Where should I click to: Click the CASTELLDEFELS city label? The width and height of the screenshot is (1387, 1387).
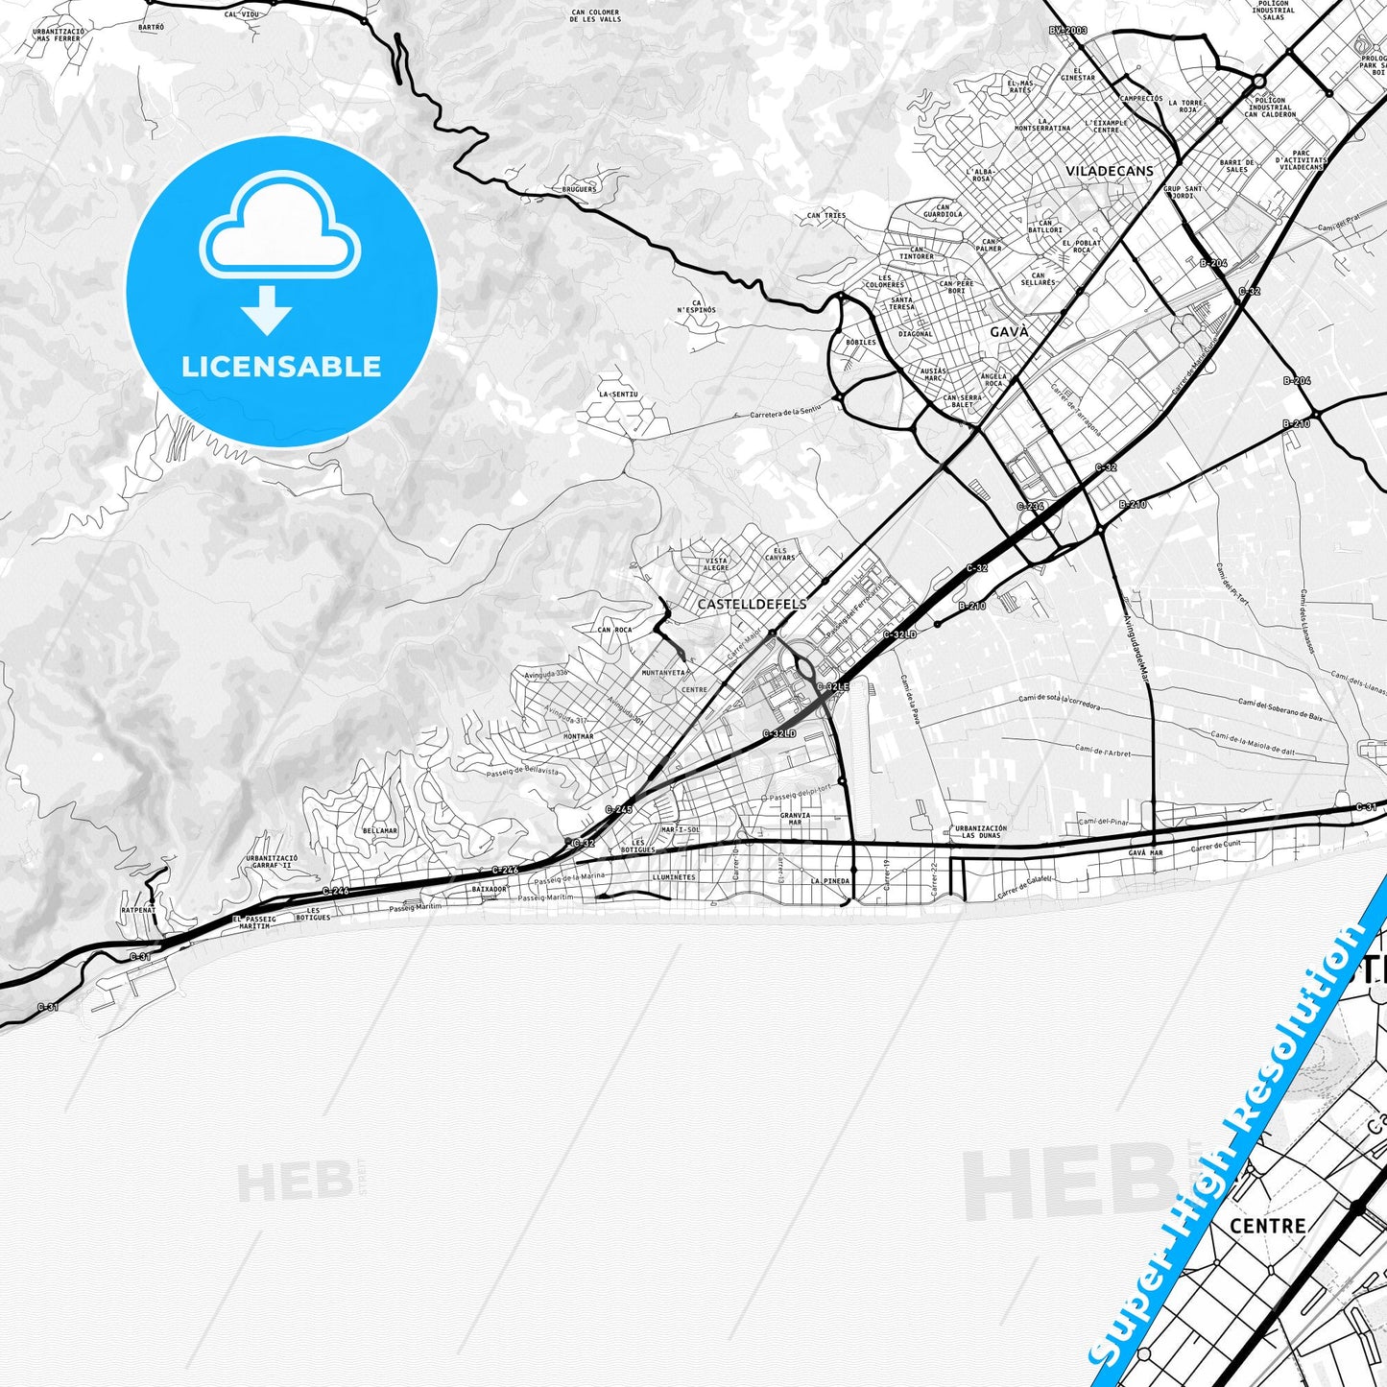point(752,605)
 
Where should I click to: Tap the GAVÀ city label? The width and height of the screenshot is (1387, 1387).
point(1009,331)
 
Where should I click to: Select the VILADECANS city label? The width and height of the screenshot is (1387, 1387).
point(1110,171)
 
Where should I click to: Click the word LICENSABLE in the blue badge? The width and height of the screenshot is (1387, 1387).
point(281,367)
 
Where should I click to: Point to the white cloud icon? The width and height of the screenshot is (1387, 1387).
point(279,226)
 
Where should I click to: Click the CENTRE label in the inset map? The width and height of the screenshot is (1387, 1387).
point(1267,1227)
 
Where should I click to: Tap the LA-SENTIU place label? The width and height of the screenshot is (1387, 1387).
point(618,395)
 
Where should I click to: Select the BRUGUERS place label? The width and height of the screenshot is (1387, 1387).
point(579,189)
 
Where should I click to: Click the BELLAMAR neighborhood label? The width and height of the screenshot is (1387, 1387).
point(380,831)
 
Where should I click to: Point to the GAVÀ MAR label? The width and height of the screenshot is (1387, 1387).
point(1145,852)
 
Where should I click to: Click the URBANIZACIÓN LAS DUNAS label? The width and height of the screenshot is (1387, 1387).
point(981,831)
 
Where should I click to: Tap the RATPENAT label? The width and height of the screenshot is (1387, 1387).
point(137,910)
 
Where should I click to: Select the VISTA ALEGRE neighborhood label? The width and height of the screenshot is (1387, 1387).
point(717,564)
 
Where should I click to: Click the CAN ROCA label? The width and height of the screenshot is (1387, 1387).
point(615,631)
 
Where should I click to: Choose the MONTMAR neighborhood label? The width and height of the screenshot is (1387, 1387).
point(579,736)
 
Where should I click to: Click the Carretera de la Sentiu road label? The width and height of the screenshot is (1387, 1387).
point(785,413)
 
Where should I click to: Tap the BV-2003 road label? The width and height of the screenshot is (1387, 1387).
point(1067,31)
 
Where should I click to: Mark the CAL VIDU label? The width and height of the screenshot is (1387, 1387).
point(242,15)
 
